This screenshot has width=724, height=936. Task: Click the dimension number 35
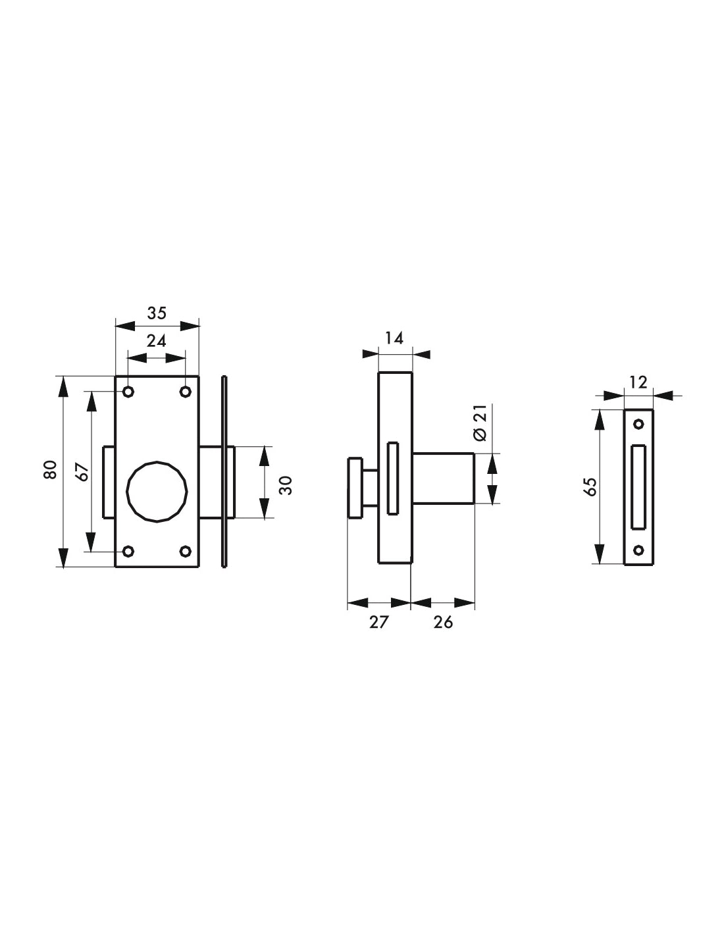coord(157,313)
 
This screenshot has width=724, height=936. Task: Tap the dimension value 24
coord(156,341)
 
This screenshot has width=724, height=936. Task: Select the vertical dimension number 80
coord(50,470)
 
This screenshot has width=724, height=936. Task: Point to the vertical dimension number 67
coord(81,472)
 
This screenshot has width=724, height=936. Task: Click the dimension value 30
coord(285,484)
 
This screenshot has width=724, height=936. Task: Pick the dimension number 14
coord(394,338)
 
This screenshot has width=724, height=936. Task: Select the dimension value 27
coord(379,621)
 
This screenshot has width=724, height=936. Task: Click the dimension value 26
coord(443,621)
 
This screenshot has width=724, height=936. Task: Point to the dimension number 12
coord(638,381)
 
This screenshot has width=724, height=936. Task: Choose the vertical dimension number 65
coord(590,486)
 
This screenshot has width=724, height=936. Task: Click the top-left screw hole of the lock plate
coord(128,392)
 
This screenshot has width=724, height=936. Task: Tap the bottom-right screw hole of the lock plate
coord(186,551)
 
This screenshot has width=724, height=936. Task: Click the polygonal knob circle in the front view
coord(157,491)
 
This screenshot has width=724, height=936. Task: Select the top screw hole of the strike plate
coord(638,423)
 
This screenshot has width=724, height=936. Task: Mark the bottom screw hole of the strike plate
coord(638,550)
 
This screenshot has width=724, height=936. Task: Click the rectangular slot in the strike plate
coord(638,486)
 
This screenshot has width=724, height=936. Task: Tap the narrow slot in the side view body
coord(393,478)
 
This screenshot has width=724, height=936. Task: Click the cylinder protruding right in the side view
coord(443,478)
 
